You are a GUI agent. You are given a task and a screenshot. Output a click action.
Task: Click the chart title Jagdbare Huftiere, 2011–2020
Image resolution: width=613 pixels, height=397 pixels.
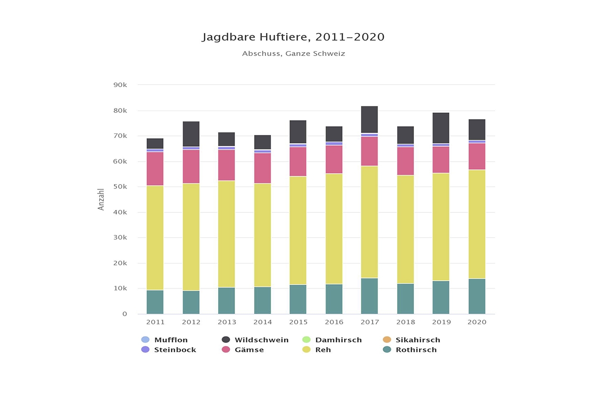(293, 37)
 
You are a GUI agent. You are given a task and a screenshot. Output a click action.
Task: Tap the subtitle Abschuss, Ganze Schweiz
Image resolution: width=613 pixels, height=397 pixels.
(293, 54)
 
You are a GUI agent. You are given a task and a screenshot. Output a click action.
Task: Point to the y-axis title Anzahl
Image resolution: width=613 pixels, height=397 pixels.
(101, 199)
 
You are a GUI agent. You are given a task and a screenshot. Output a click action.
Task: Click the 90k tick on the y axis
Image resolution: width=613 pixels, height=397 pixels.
(120, 85)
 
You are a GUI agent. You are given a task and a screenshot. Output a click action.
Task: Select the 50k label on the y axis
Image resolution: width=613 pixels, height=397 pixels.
(120, 187)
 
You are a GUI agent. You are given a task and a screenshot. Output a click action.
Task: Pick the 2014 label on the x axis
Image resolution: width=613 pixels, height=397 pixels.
(262, 322)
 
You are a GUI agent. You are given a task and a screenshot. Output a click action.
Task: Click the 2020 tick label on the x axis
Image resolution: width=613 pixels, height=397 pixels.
(477, 322)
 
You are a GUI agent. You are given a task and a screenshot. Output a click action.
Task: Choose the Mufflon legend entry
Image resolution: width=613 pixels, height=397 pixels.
(171, 340)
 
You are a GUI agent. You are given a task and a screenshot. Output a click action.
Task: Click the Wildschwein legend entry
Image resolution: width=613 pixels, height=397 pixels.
(261, 340)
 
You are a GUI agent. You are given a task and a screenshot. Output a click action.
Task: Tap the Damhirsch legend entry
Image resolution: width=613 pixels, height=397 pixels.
(338, 340)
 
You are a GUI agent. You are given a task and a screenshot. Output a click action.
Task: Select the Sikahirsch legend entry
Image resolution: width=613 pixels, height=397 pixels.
(418, 340)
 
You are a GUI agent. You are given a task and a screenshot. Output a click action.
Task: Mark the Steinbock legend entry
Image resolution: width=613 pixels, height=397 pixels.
(175, 350)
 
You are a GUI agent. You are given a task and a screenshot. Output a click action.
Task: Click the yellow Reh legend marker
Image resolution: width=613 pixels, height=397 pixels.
(306, 350)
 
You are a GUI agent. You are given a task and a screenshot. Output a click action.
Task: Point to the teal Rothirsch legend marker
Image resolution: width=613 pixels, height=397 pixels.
(387, 350)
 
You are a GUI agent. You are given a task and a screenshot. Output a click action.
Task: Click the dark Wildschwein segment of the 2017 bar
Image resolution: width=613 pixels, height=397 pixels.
(369, 119)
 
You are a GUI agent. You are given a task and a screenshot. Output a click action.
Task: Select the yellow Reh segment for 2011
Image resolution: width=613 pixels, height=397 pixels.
(155, 238)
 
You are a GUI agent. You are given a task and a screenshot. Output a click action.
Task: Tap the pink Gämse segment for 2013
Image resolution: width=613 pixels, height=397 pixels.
(226, 165)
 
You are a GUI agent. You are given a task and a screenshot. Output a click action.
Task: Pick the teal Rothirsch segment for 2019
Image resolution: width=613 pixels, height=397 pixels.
(441, 297)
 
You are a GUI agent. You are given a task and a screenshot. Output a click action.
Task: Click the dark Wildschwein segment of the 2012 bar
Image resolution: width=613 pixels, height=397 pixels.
(191, 134)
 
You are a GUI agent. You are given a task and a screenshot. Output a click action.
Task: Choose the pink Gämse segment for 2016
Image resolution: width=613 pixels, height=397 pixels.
(334, 159)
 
